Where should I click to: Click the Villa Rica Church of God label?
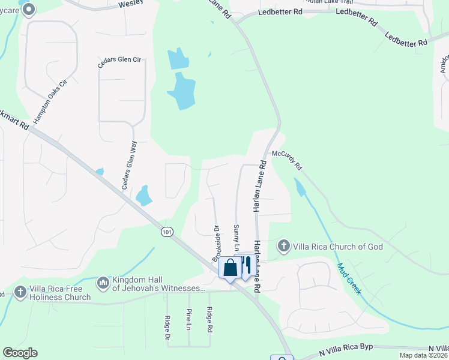click(338, 246)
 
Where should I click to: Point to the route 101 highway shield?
click(167, 231)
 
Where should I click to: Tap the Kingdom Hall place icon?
click(102, 282)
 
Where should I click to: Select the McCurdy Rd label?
click(286, 159)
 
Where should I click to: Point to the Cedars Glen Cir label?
click(120, 60)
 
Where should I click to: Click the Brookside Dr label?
click(216, 244)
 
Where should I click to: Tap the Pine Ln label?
click(188, 319)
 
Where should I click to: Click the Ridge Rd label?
click(209, 319)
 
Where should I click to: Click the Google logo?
click(20, 353)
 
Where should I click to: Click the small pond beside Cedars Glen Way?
click(143, 195)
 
